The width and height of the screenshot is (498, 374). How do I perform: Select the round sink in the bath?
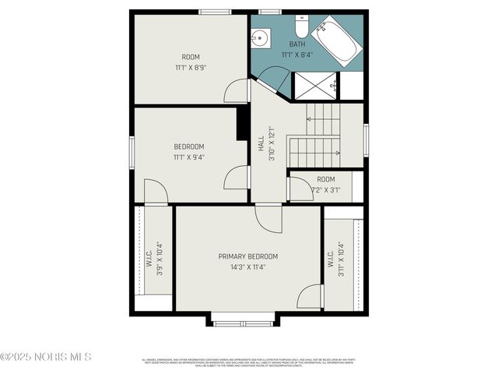260,38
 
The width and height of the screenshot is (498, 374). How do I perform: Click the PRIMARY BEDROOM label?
247,256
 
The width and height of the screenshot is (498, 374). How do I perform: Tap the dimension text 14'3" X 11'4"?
247,267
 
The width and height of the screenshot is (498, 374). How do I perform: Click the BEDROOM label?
188,146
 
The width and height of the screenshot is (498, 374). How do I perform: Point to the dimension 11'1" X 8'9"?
191,68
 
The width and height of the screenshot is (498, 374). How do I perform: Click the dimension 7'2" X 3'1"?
325,189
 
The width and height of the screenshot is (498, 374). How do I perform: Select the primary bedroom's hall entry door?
269,217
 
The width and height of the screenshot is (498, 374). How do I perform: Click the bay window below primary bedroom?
242,322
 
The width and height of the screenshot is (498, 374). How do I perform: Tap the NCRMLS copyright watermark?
47,357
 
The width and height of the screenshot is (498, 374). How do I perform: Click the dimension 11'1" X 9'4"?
188,157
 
